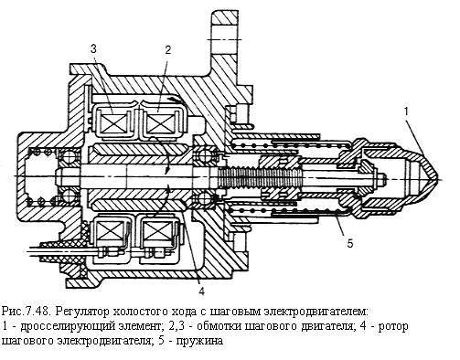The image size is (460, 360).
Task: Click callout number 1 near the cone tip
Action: pyautogui.click(x=406, y=111)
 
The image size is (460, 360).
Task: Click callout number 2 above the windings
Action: pyautogui.click(x=168, y=50)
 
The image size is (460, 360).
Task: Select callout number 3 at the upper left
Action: pyautogui.click(x=93, y=48)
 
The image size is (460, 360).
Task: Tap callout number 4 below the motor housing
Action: pyautogui.click(x=201, y=291)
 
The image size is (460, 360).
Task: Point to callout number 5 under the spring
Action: pyautogui.click(x=350, y=243)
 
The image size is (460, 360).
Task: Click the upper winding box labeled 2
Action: pyautogui.click(x=160, y=123)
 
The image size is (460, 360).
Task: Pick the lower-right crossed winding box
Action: pyautogui.click(x=157, y=231)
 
